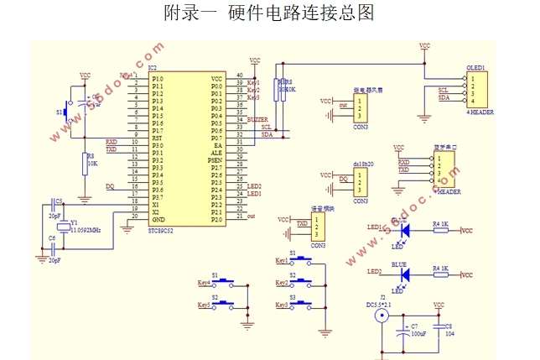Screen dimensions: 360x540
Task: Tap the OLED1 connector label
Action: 475,67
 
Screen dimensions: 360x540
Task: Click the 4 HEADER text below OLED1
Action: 480,112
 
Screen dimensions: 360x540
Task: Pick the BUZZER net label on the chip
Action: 258,120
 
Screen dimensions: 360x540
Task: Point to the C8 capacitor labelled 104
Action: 448,329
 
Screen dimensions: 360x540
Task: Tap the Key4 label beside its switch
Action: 202,282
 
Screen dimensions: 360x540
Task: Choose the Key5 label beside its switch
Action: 202,304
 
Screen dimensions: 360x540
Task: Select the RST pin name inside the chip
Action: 158,138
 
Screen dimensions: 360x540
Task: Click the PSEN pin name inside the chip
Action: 215,159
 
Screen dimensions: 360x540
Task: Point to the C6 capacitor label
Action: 52,238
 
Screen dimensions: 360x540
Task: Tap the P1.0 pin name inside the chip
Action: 158,78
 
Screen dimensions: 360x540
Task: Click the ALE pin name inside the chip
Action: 216,152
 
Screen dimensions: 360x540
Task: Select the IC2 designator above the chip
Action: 152,68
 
